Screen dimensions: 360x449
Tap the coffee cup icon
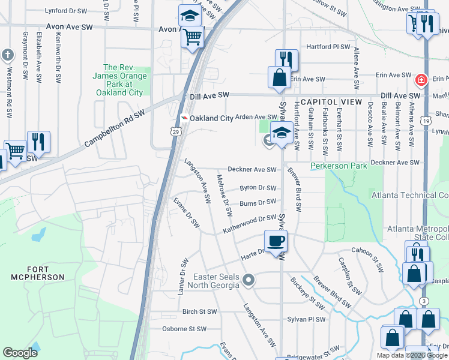[276, 241]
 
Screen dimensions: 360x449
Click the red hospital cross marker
[421, 79]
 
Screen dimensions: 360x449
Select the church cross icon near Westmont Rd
[8, 56]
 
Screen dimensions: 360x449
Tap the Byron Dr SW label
[258, 188]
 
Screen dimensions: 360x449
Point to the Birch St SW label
[199, 311]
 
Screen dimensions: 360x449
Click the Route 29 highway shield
[176, 131]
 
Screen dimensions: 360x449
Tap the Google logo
[20, 353]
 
